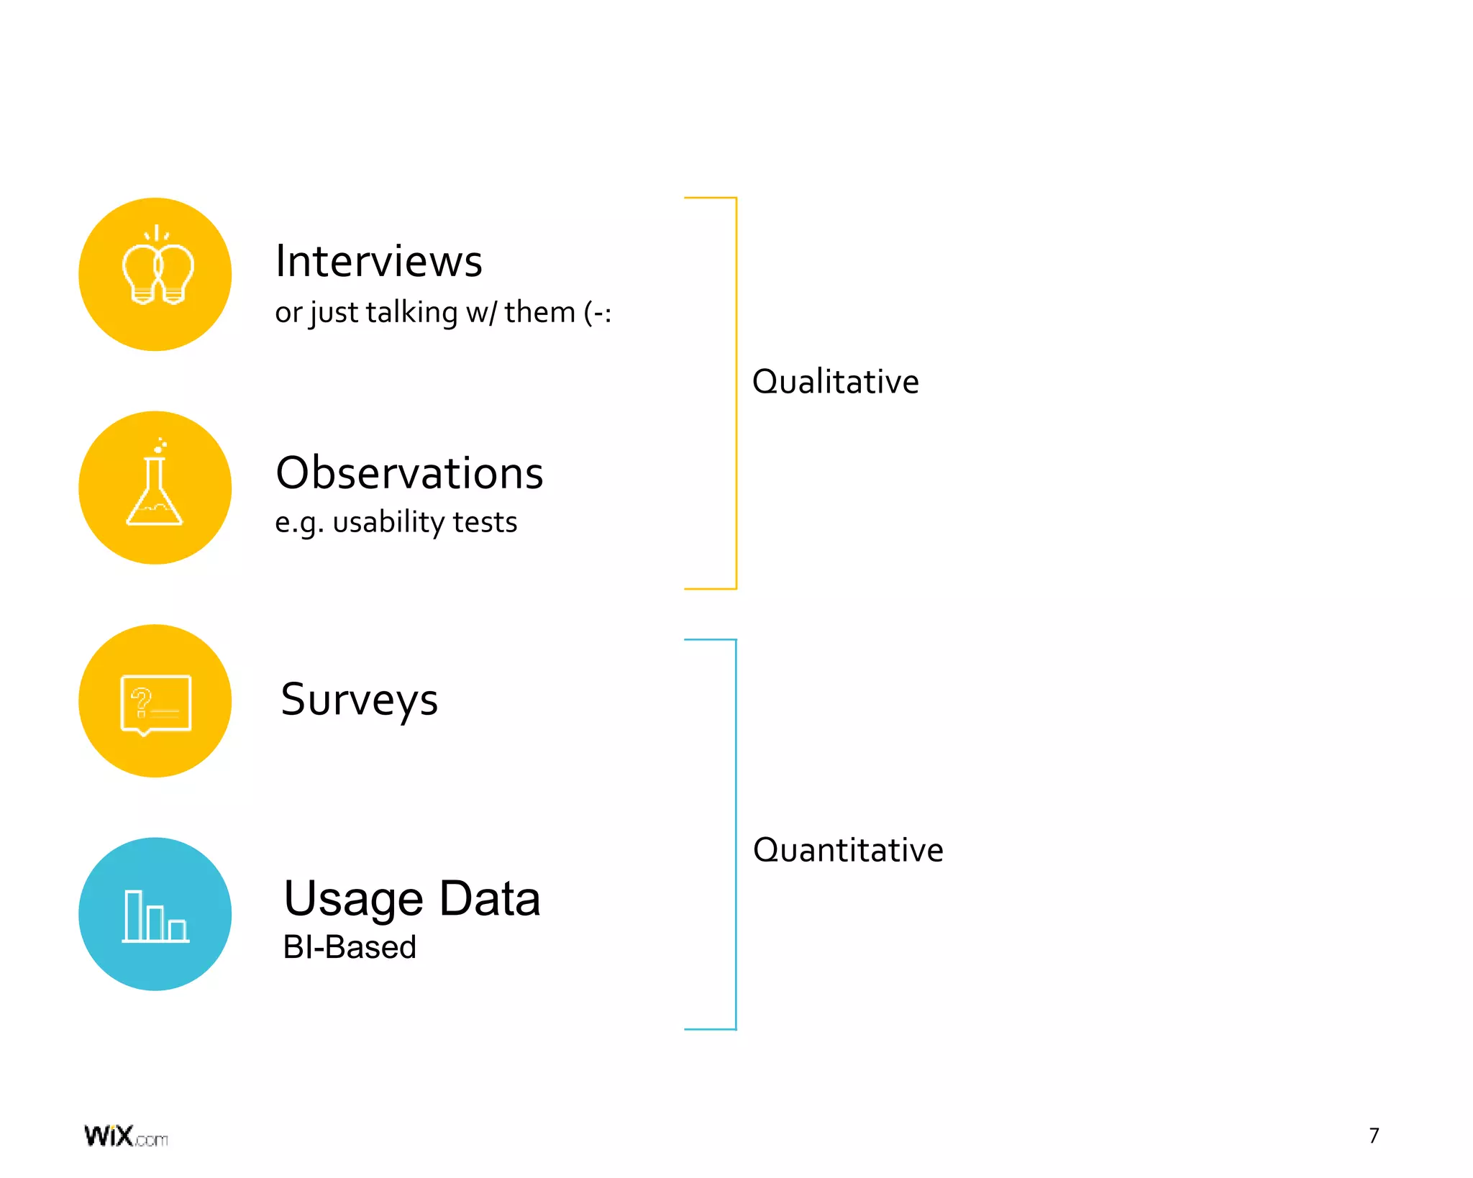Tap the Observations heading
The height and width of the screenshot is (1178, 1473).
tap(409, 473)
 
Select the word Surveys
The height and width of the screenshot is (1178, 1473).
tap(359, 700)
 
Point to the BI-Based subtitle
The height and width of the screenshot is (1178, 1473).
tap(350, 947)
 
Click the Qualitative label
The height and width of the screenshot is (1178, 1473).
tap(835, 381)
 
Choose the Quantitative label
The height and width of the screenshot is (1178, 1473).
tap(847, 850)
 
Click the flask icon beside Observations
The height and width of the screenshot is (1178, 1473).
tap(155, 484)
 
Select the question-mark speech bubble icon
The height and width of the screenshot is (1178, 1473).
tap(155, 703)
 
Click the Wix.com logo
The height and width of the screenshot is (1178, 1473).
tap(126, 1136)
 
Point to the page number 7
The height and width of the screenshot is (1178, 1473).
tap(1374, 1136)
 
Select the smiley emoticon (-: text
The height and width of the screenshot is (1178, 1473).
tap(597, 313)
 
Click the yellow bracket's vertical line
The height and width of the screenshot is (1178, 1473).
tap(736, 393)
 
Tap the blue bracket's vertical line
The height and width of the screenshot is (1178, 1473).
tap(736, 834)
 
